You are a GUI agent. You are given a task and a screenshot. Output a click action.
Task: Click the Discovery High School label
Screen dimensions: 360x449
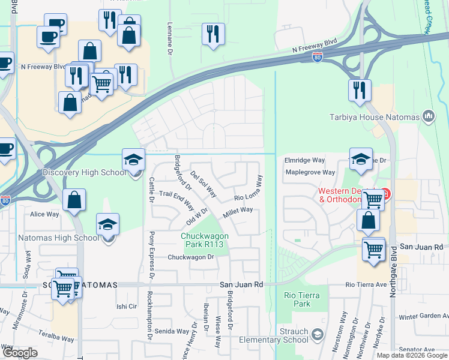point(84,173)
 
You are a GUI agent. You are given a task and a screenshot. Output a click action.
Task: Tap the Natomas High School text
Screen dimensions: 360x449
point(50,238)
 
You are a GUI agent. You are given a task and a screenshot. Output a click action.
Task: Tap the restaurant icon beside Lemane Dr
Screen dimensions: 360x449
point(213,34)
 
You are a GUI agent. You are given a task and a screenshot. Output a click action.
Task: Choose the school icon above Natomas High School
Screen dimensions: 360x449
point(108,224)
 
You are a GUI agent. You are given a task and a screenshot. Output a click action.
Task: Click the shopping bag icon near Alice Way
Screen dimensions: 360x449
point(74,200)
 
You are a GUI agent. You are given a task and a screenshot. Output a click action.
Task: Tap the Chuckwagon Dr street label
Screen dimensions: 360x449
point(191,257)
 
